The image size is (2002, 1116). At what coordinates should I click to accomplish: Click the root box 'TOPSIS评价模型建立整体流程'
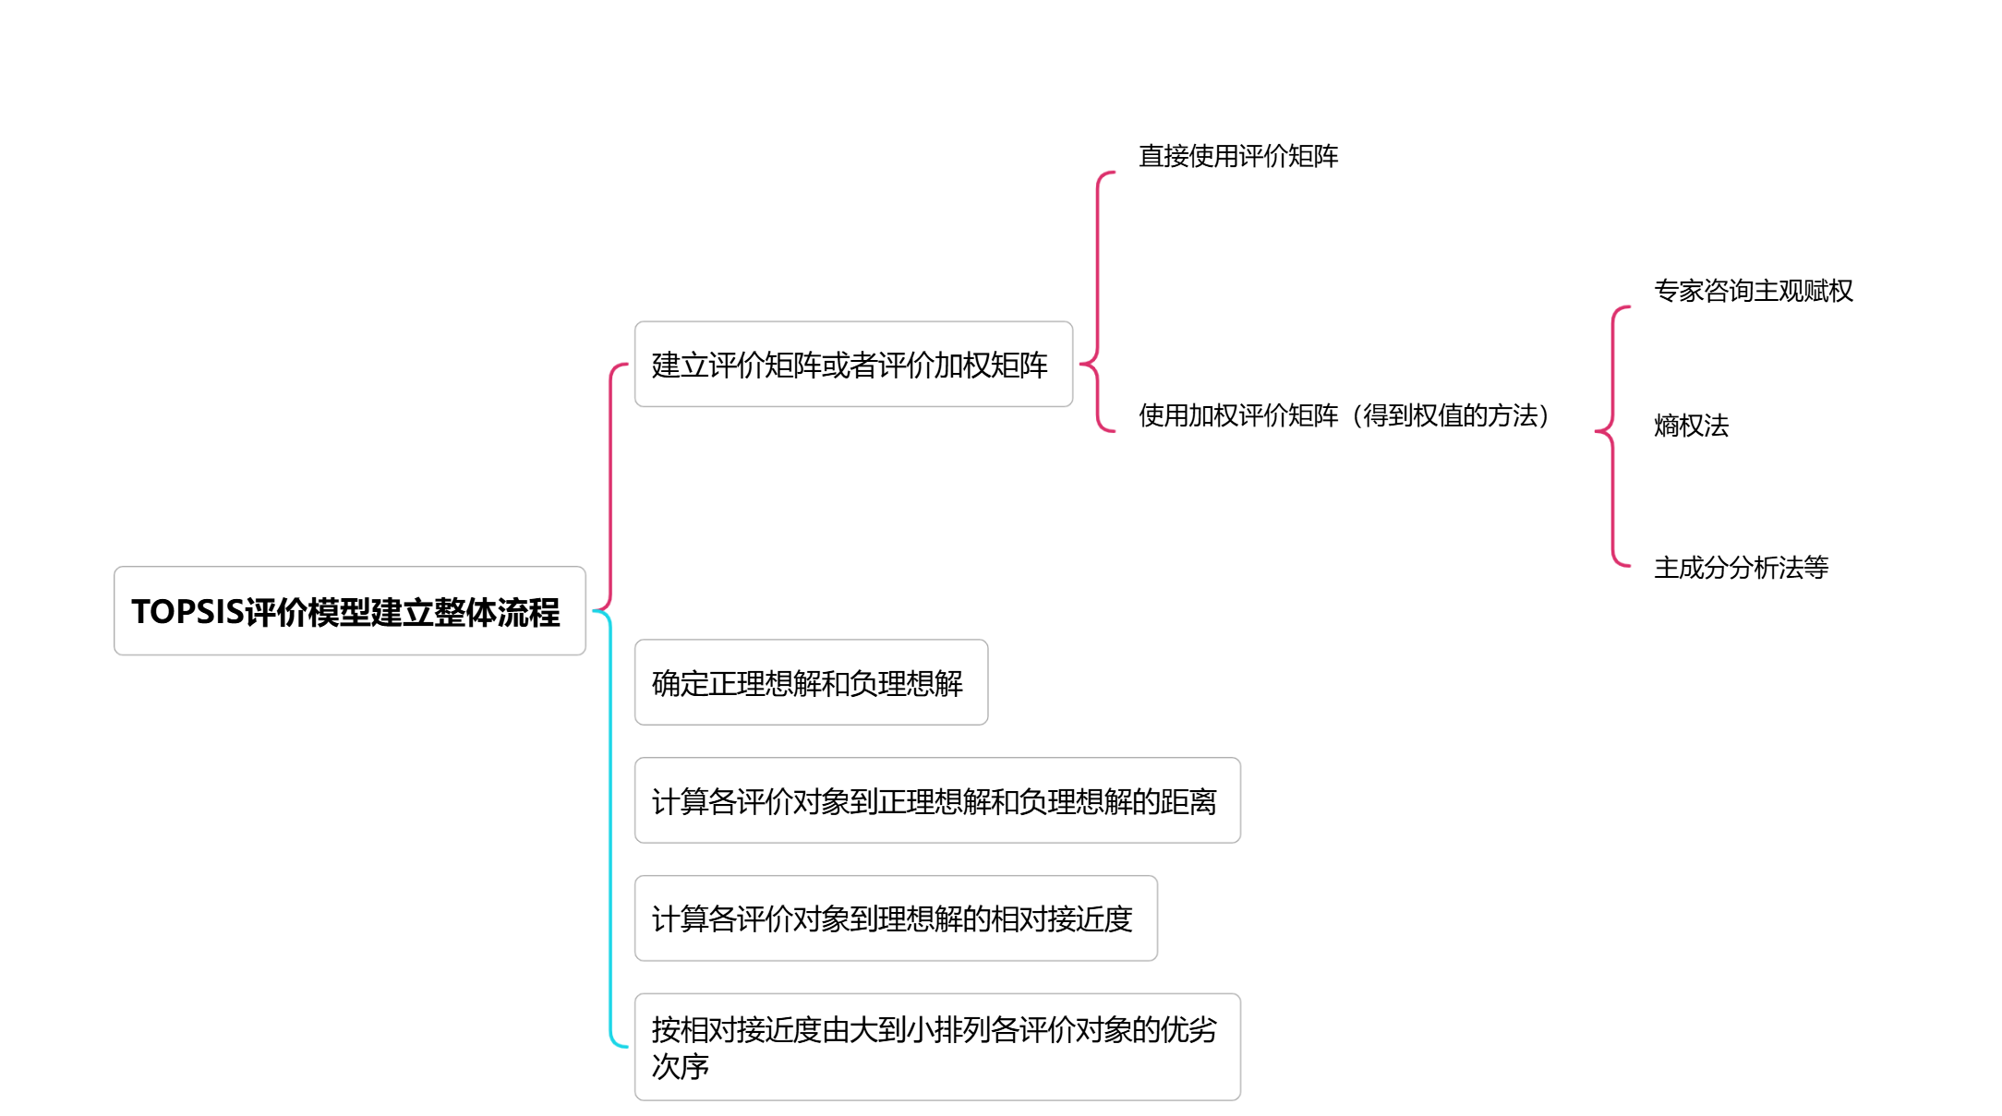point(349,611)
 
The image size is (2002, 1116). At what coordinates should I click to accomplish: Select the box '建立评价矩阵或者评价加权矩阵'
point(852,365)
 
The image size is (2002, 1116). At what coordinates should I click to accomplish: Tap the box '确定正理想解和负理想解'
point(810,683)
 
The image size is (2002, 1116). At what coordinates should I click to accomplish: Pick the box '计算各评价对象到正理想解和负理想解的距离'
point(936,800)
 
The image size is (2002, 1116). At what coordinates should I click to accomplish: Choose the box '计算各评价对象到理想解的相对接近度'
point(895,918)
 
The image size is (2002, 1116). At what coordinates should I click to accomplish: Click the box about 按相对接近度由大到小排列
point(936,1047)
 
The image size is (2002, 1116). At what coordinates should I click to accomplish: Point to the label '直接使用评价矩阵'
point(1237,156)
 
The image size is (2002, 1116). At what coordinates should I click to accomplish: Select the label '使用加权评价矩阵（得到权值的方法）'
point(1344,415)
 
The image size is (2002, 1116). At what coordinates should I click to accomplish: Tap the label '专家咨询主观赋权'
point(1753,291)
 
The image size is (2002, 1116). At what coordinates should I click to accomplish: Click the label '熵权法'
point(1691,426)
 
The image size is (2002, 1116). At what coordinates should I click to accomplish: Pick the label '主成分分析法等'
point(1741,568)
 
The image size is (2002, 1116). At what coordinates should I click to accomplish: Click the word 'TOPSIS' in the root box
point(187,612)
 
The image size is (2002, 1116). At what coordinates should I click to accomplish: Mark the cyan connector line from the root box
point(610,831)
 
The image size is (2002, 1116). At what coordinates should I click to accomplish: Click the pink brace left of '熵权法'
point(1612,434)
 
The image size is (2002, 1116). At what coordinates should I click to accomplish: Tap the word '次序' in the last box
point(680,1066)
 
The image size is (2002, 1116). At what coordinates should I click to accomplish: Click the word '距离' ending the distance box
point(1189,801)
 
